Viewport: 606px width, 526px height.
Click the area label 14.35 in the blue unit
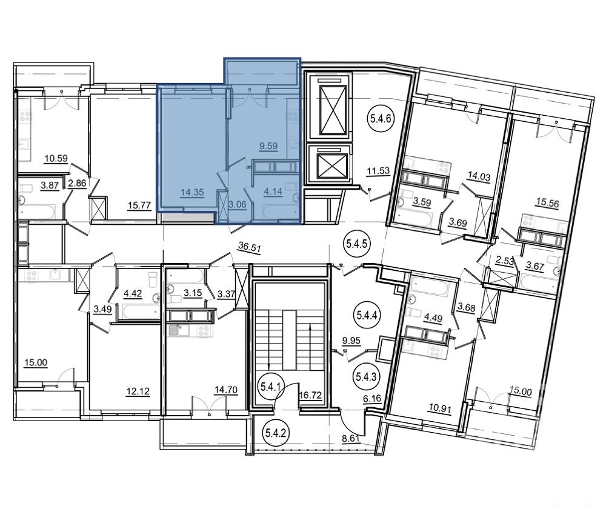click(x=192, y=192)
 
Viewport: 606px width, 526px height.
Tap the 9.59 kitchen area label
click(x=268, y=146)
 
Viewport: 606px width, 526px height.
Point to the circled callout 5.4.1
click(x=271, y=386)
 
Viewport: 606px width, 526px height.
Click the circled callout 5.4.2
click(x=276, y=433)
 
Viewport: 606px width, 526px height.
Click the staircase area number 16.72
click(x=310, y=395)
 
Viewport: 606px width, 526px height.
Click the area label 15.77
click(x=139, y=205)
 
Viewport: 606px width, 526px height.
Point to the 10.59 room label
click(x=56, y=158)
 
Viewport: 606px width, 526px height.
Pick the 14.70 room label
click(x=226, y=390)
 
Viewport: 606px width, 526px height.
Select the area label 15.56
click(x=547, y=202)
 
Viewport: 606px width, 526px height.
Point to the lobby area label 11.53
click(x=378, y=170)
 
